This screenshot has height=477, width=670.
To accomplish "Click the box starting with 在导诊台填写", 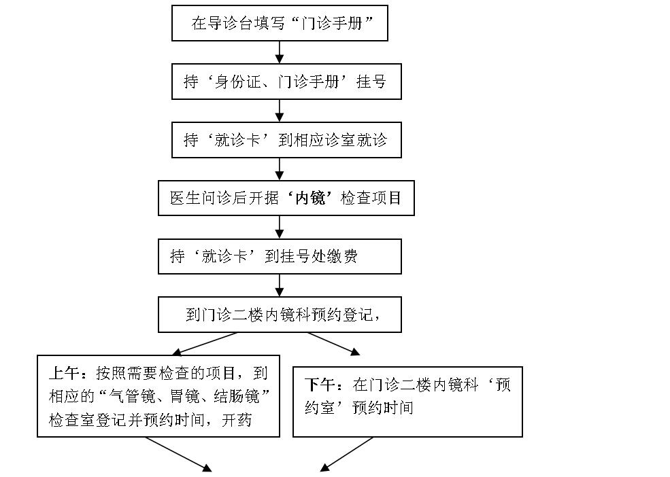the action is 280,23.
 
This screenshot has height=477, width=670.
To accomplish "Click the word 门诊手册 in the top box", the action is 331,23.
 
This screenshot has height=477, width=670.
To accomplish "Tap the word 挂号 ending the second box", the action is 371,81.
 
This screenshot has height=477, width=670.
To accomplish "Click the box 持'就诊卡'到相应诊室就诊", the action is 286,140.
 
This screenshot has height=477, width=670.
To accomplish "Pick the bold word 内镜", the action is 311,198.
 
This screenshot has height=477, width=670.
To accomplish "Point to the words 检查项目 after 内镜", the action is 371,198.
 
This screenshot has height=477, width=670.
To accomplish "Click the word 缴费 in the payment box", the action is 342,256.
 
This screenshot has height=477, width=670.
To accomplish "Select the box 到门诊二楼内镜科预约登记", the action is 280,315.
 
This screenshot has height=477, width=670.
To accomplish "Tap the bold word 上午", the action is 64,373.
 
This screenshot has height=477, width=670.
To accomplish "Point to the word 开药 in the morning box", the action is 237,420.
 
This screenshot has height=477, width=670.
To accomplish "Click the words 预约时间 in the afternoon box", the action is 382,408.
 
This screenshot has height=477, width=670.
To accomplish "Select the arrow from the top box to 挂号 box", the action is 280,52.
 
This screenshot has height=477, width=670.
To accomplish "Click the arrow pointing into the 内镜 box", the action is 280,169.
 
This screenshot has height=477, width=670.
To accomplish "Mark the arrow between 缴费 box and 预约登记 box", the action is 280,285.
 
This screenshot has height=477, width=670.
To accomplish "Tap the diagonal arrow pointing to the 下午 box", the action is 334,344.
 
